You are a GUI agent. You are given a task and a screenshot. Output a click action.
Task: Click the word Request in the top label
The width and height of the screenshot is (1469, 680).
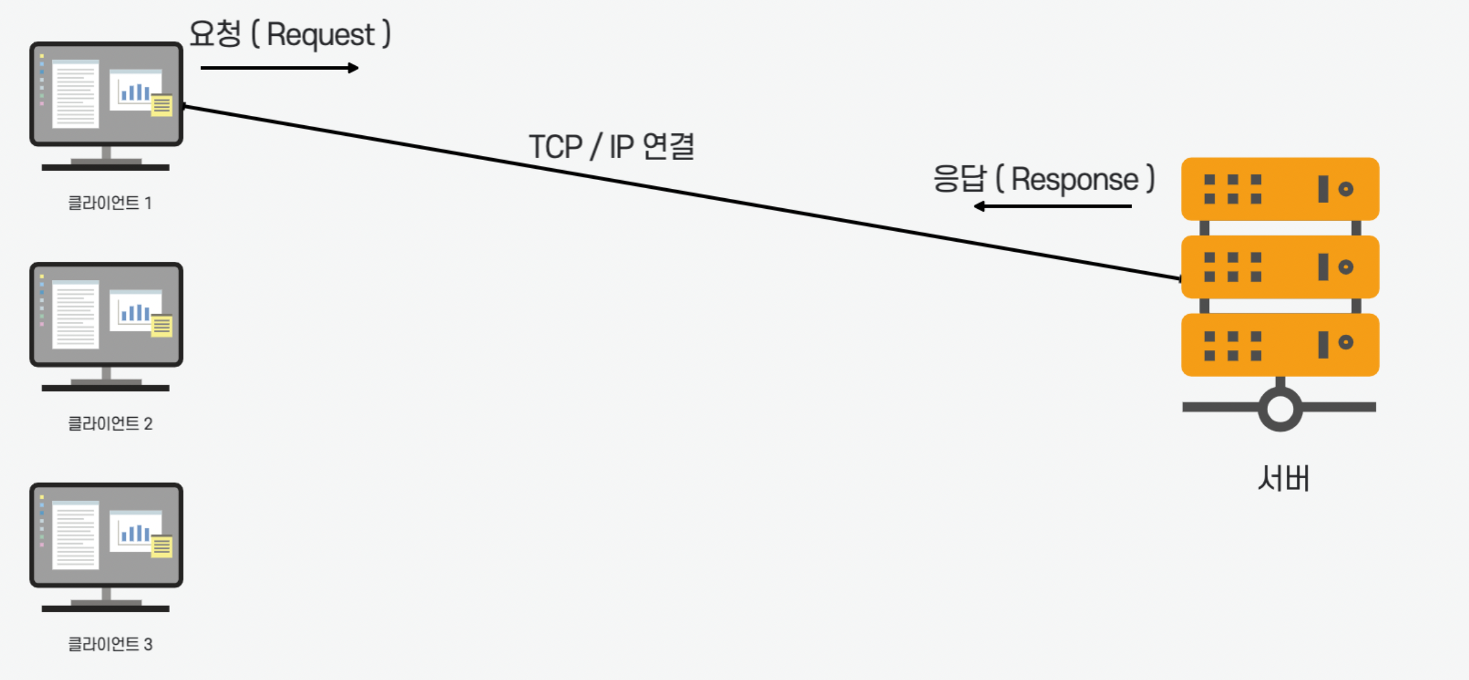click(x=320, y=35)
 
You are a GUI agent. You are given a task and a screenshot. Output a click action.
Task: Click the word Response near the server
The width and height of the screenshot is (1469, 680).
click(x=1074, y=179)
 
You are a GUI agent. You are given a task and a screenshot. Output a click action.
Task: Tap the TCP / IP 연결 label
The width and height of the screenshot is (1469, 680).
click(x=612, y=146)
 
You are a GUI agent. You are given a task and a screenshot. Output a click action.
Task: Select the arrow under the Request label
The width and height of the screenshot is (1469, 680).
click(x=279, y=68)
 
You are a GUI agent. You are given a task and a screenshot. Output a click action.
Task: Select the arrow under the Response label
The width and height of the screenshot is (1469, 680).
click(x=1053, y=206)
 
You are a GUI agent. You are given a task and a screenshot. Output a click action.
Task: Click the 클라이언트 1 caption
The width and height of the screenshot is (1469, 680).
click(x=110, y=203)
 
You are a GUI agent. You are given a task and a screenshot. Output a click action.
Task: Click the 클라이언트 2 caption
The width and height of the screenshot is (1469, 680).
click(x=110, y=424)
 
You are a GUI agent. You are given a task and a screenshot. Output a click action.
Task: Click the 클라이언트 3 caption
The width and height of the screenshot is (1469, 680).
click(x=110, y=644)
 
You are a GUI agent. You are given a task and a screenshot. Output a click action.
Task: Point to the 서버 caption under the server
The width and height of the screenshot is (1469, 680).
click(x=1283, y=478)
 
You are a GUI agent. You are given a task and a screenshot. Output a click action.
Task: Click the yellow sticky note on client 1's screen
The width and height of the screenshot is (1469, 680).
click(x=162, y=106)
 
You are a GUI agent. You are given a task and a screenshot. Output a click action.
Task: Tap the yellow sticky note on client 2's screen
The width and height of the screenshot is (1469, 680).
click(x=162, y=326)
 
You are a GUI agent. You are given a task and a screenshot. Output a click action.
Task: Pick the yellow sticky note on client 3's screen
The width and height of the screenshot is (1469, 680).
click(x=162, y=546)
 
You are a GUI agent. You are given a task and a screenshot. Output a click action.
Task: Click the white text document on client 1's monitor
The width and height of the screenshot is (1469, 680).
click(x=75, y=94)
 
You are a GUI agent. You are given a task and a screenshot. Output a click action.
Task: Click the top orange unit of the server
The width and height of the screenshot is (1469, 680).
click(x=1280, y=189)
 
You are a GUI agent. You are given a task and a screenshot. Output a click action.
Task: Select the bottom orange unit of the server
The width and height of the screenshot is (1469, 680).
click(x=1280, y=345)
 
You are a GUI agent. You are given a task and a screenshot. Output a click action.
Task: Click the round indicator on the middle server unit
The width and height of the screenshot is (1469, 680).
click(x=1346, y=267)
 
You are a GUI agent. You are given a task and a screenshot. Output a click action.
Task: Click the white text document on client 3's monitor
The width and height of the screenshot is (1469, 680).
click(x=75, y=535)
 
